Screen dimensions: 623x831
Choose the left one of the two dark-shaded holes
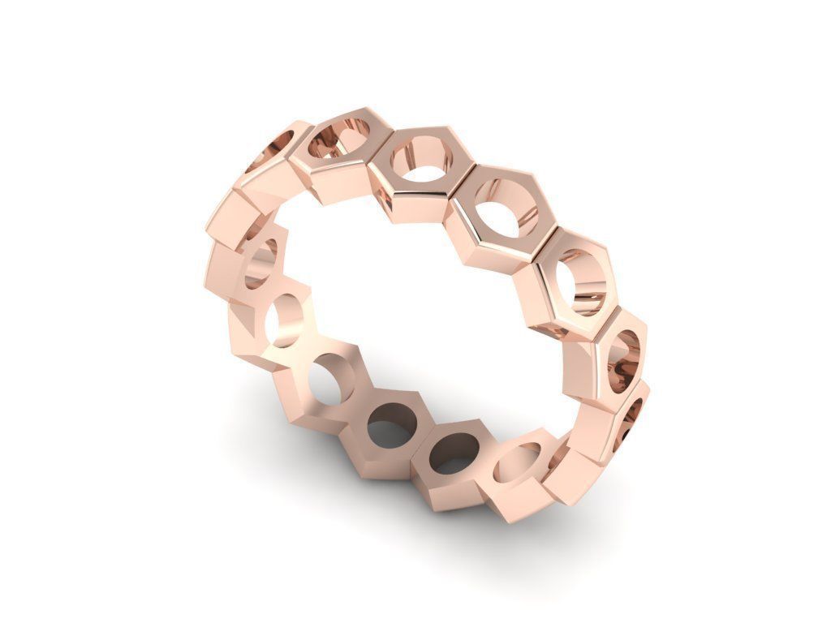(391, 424)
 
